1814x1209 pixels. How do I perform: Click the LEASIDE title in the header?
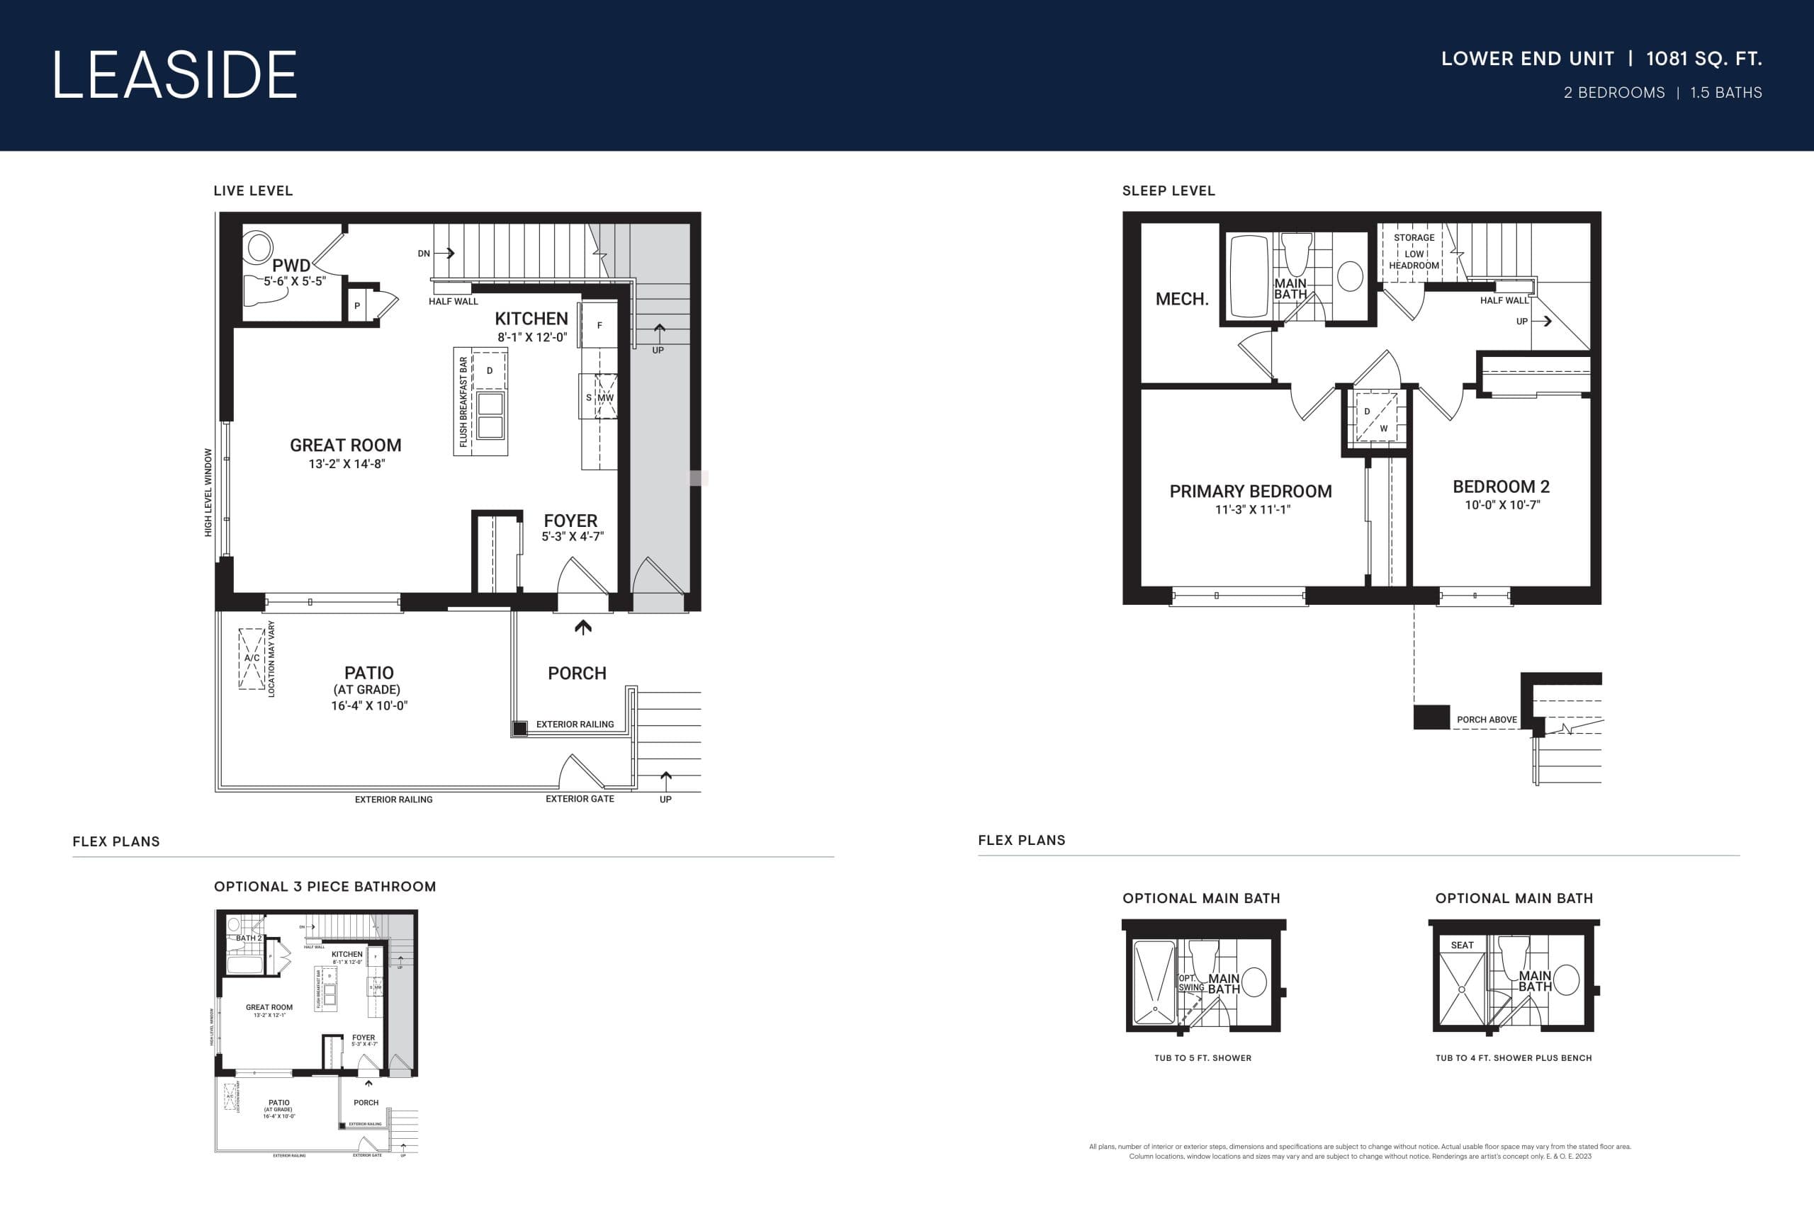(x=174, y=75)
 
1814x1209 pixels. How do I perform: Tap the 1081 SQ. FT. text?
(x=1703, y=59)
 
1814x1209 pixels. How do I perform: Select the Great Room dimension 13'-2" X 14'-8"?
(x=347, y=464)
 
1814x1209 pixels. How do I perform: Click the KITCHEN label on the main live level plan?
(x=531, y=319)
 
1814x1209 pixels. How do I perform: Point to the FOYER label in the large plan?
(x=570, y=521)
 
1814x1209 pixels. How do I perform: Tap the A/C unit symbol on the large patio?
(x=252, y=659)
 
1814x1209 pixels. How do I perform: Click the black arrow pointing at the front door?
(x=583, y=628)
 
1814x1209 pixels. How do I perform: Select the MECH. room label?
(x=1181, y=299)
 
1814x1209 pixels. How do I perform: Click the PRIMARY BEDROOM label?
(x=1250, y=491)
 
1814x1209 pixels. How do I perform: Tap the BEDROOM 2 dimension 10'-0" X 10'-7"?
(x=1502, y=505)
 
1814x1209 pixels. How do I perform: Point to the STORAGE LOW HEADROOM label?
(x=1414, y=251)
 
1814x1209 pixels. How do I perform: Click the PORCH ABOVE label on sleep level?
(x=1486, y=720)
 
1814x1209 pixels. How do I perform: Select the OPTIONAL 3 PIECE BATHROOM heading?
(x=325, y=887)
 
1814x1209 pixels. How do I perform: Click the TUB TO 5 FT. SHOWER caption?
(x=1202, y=1058)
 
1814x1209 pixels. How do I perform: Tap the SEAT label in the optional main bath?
(x=1462, y=946)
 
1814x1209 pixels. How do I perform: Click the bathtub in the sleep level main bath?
(x=1249, y=276)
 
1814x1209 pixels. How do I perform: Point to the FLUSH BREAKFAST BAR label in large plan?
(x=463, y=402)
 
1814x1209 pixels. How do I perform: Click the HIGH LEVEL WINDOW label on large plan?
(x=208, y=493)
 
